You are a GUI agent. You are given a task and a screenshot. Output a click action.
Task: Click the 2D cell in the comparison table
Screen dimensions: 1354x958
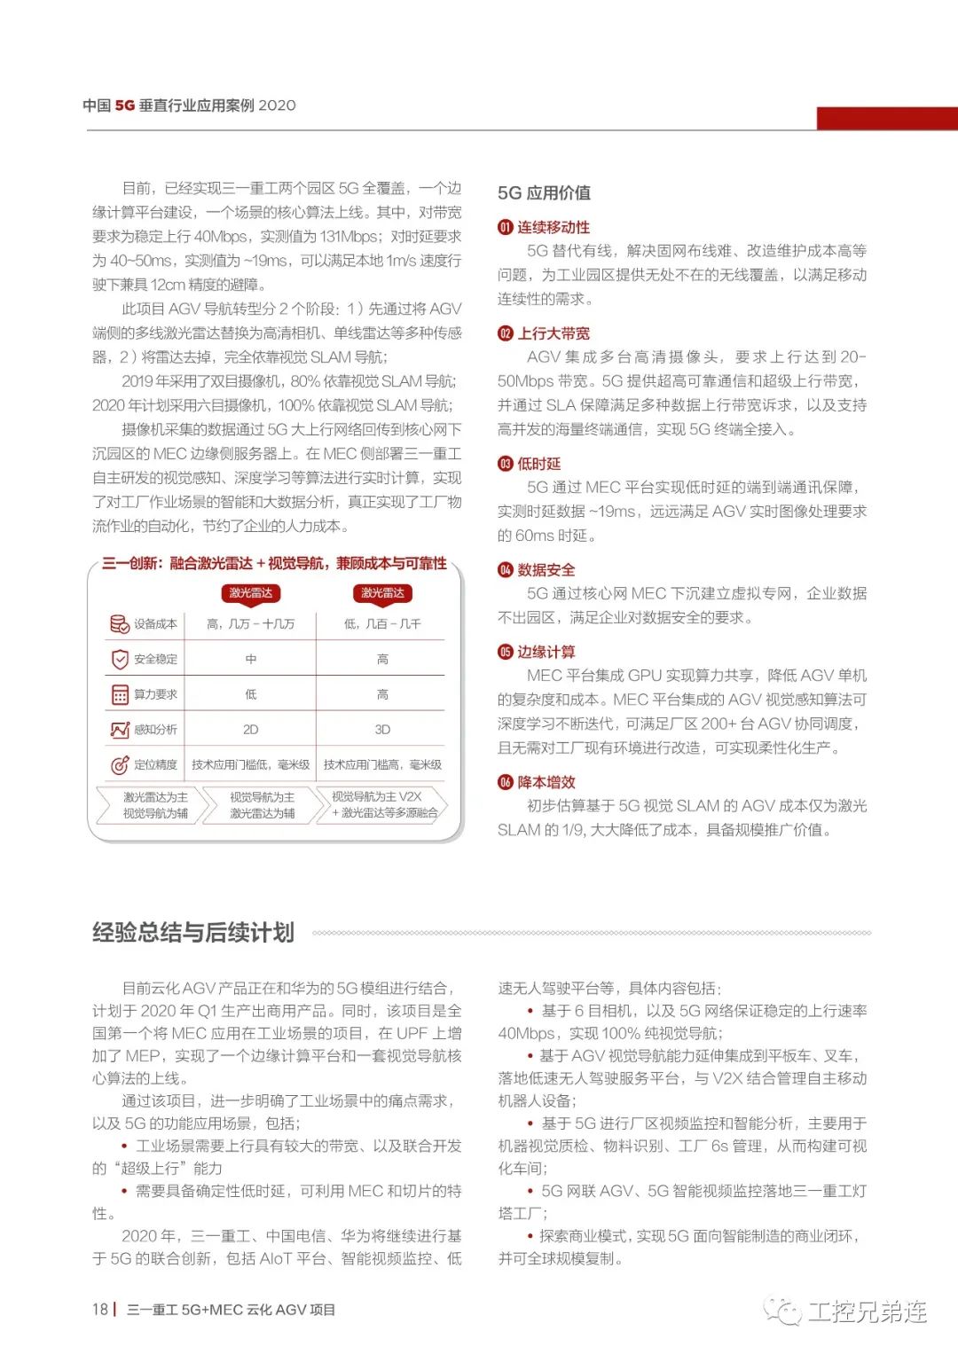[250, 730]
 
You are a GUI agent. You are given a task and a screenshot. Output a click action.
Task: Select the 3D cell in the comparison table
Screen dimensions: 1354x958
[382, 730]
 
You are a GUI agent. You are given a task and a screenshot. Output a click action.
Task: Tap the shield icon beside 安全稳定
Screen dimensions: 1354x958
[120, 660]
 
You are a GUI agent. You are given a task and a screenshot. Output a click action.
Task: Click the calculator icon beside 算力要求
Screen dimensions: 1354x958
[120, 694]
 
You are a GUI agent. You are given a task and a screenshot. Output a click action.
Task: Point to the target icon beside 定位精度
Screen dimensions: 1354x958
[120, 764]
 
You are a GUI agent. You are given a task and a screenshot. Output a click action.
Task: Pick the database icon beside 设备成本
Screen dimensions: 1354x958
[120, 624]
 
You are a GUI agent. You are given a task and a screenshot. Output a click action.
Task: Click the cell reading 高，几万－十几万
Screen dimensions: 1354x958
[250, 624]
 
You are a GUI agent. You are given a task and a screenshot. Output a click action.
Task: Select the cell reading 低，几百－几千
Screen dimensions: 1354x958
[382, 624]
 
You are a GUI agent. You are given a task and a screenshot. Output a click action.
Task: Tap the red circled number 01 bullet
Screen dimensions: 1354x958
[505, 227]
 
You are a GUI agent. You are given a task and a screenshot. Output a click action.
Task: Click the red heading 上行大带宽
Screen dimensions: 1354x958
[554, 333]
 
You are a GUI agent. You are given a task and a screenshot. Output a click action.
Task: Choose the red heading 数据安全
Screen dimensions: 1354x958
[546, 570]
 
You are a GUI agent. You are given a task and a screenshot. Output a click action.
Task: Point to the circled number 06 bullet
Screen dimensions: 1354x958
[505, 782]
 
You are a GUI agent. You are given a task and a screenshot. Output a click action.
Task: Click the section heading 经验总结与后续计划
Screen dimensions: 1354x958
[193, 933]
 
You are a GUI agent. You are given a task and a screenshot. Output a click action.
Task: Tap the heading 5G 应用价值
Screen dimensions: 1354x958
[544, 192]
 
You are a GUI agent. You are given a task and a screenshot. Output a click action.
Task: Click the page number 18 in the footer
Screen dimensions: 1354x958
[99, 1310]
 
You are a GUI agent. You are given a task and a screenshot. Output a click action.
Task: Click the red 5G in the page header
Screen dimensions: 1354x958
[124, 105]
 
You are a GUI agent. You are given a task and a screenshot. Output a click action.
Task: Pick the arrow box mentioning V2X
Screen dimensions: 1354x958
[379, 804]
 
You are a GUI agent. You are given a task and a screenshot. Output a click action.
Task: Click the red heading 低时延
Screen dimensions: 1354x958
[539, 464]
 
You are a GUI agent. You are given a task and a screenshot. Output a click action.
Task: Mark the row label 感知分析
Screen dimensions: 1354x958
[155, 730]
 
